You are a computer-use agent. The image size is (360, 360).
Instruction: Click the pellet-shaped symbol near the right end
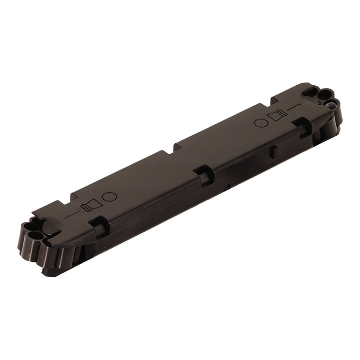(x=277, y=115)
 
